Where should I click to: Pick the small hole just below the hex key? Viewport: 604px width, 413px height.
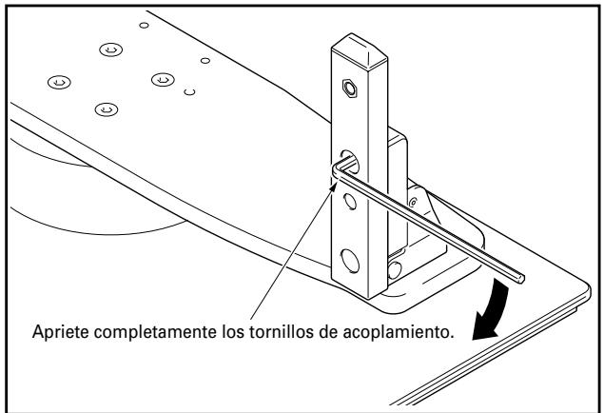point(349,200)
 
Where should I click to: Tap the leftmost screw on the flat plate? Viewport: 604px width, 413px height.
point(58,83)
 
